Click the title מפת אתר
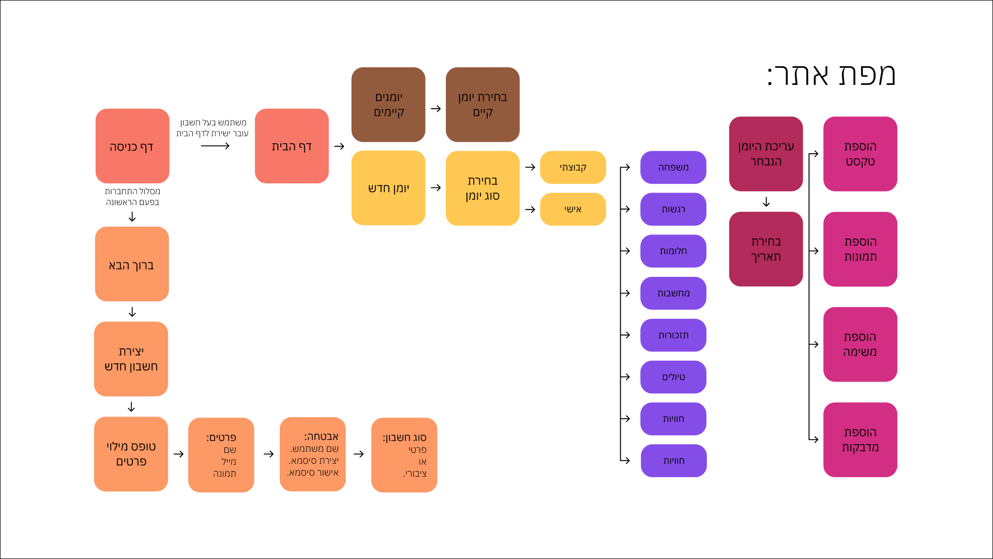pos(831,75)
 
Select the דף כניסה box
pos(132,146)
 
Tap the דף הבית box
pos(292,146)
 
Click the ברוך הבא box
pos(132,264)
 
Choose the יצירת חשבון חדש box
pos(131,359)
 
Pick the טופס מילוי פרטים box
pos(131,454)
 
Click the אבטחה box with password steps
pos(312,454)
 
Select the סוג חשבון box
pos(404,454)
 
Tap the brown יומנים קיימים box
pos(388,105)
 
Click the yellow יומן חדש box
pos(388,188)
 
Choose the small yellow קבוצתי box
pos(573,167)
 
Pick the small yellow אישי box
pos(573,209)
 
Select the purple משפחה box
pos(673,167)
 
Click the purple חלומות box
pos(673,251)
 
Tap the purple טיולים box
pos(673,377)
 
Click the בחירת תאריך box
pos(766,249)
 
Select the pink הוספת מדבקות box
pos(860,439)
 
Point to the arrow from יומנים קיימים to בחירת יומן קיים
pos(435,109)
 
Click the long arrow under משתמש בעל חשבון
pos(215,146)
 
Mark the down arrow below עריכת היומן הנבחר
pos(766,202)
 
